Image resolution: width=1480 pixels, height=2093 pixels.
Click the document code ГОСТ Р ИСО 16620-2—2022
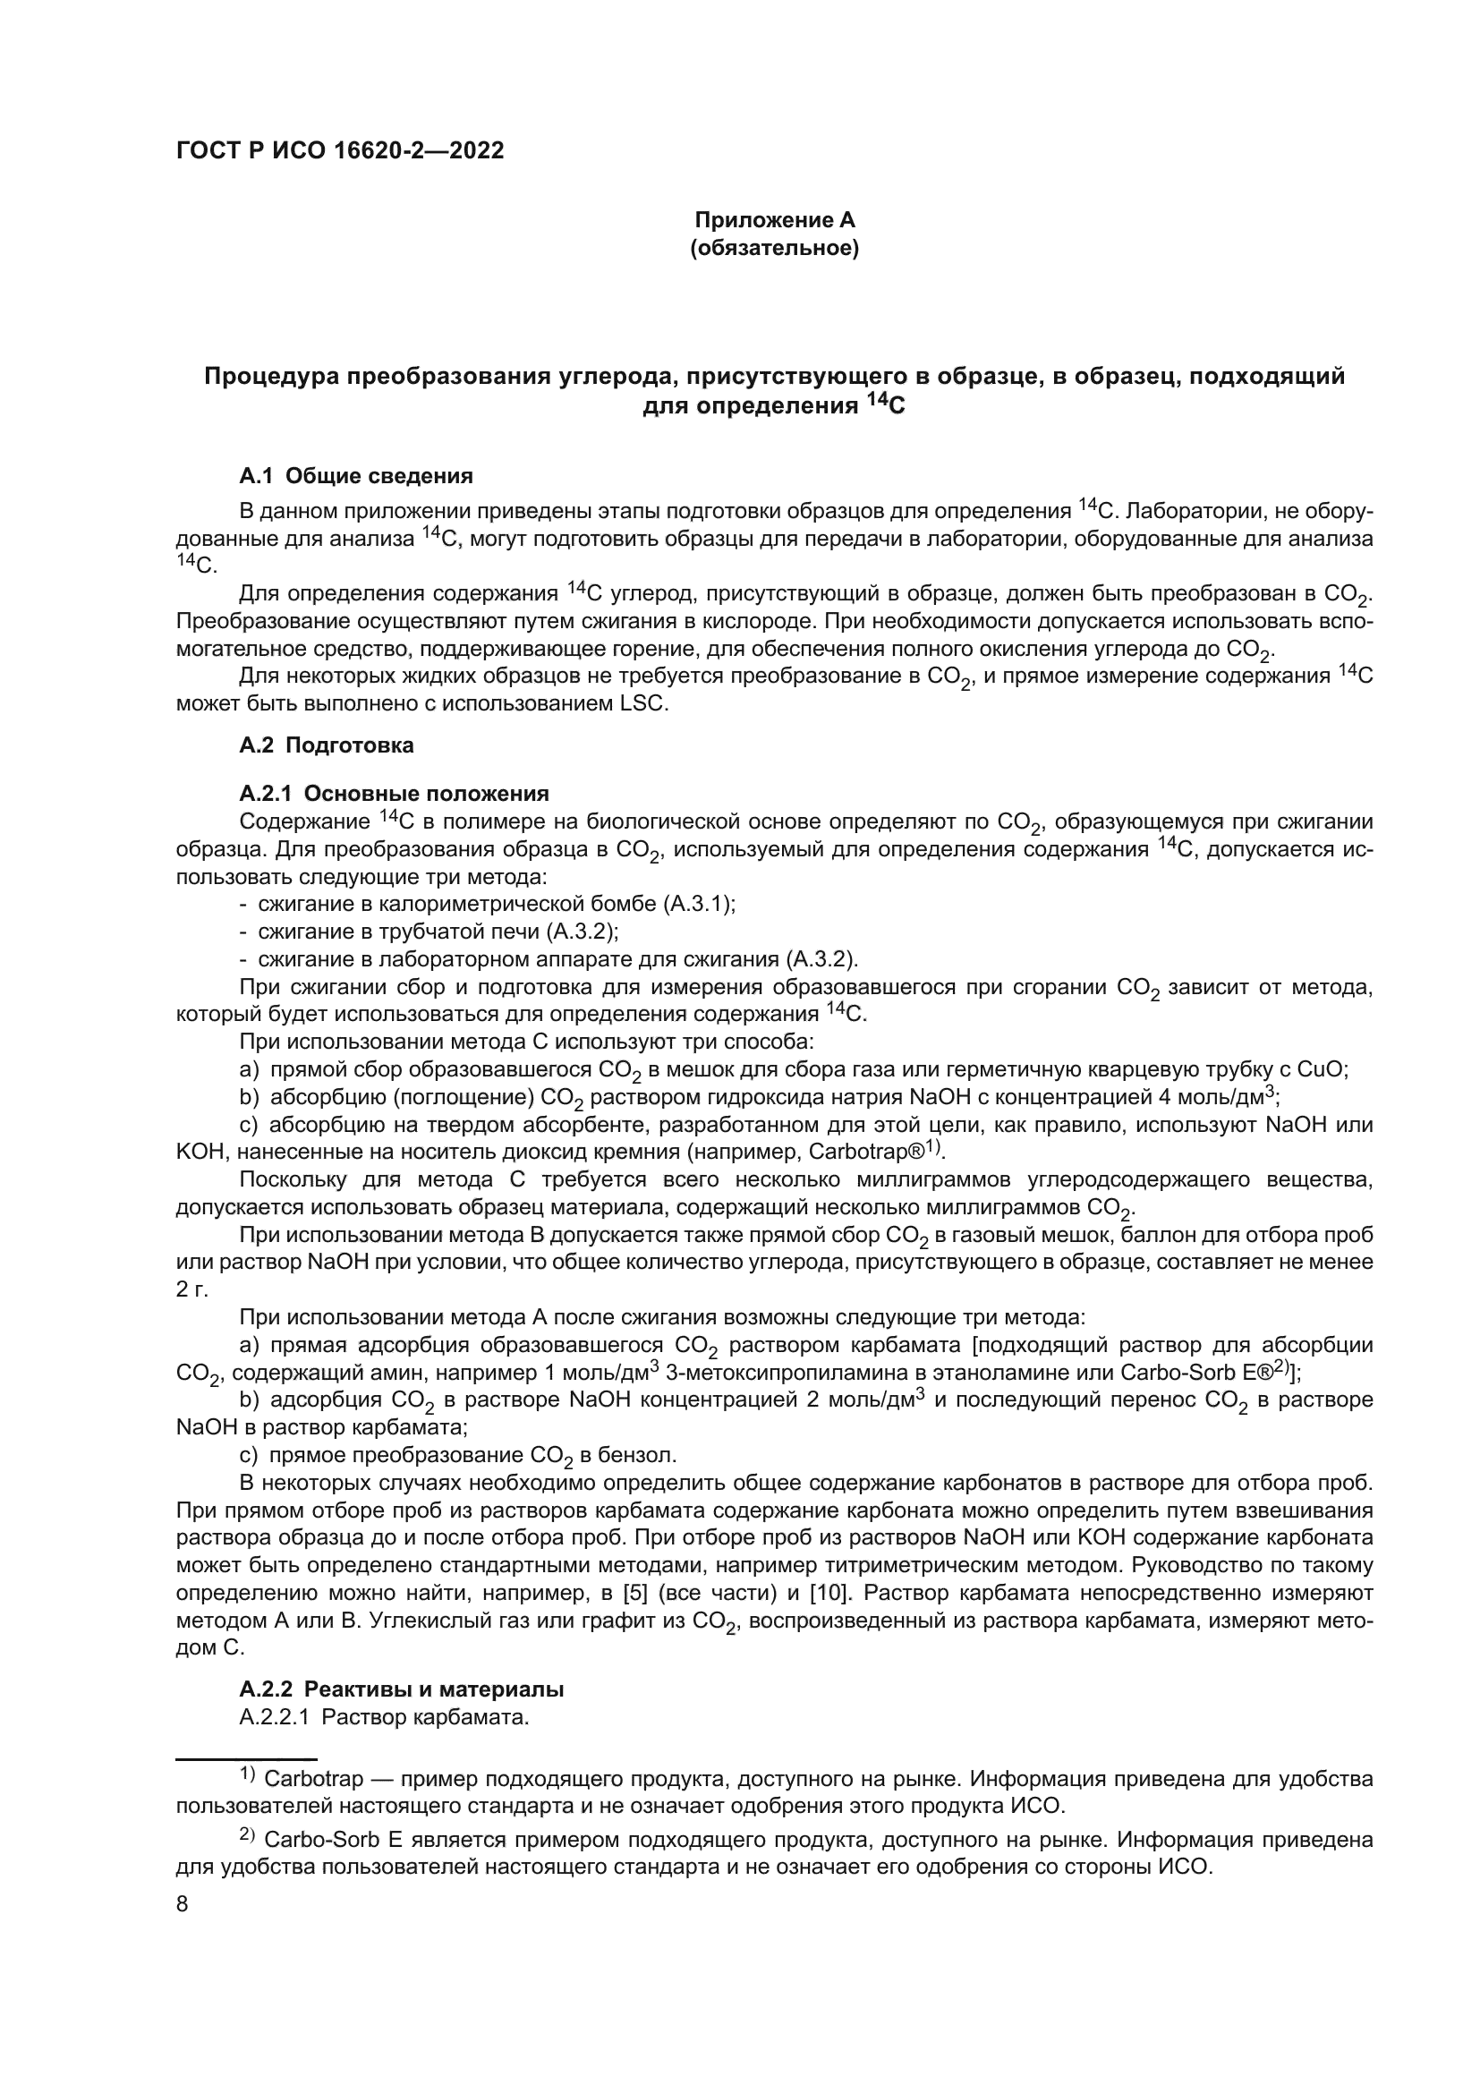[340, 151]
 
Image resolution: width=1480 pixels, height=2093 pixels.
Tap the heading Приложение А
[775, 220]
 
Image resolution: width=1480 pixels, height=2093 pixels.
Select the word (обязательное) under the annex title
[775, 248]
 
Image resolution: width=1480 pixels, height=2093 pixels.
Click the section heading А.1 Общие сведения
[356, 475]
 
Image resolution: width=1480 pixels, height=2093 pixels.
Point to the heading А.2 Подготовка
[327, 744]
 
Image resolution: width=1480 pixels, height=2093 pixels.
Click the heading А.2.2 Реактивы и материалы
[402, 1689]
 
